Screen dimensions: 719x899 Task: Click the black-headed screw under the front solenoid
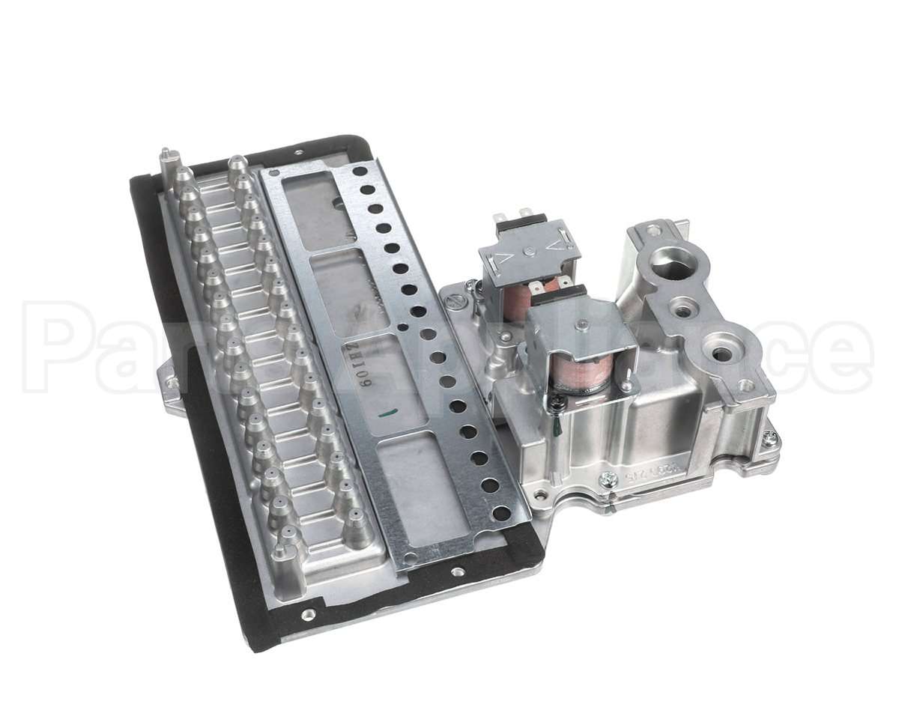tap(560, 404)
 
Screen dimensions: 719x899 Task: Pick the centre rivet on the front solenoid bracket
tap(581, 325)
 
